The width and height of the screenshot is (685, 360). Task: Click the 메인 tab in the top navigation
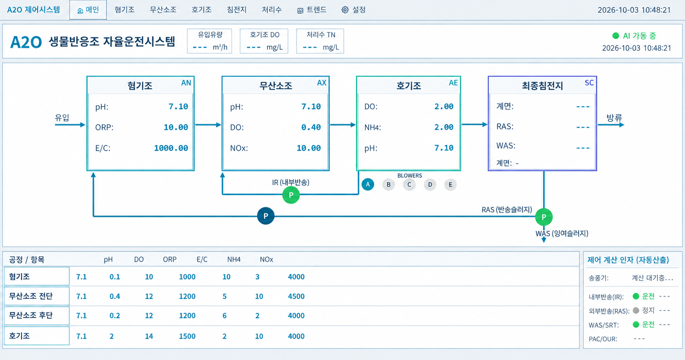(x=88, y=10)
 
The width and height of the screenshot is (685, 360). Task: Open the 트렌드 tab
(x=312, y=10)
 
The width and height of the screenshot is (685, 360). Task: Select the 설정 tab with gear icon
(x=354, y=10)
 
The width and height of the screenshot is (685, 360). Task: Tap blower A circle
(x=368, y=184)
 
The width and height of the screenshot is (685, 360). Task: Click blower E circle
(x=450, y=184)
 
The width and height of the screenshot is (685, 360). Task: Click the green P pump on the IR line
(x=291, y=195)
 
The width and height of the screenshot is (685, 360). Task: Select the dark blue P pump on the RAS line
(x=266, y=216)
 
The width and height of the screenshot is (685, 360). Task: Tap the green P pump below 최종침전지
(x=544, y=217)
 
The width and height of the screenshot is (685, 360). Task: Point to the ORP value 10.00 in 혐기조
(x=176, y=127)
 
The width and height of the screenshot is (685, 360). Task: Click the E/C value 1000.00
(x=171, y=148)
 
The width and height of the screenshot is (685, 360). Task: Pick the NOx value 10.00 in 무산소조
(x=309, y=148)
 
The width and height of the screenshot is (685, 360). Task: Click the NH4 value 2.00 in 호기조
(x=444, y=127)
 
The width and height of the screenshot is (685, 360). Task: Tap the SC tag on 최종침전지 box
(x=589, y=83)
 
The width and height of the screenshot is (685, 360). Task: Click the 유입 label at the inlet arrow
(x=62, y=117)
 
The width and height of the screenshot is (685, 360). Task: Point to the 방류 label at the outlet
(x=614, y=117)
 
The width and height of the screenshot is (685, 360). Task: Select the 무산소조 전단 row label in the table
(x=31, y=296)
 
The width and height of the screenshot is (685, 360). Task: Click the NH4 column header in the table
(x=234, y=259)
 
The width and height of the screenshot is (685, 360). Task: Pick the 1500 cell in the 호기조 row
(x=187, y=336)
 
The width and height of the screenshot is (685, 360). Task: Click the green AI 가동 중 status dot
(x=616, y=36)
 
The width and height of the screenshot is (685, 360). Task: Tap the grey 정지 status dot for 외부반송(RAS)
(x=636, y=310)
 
